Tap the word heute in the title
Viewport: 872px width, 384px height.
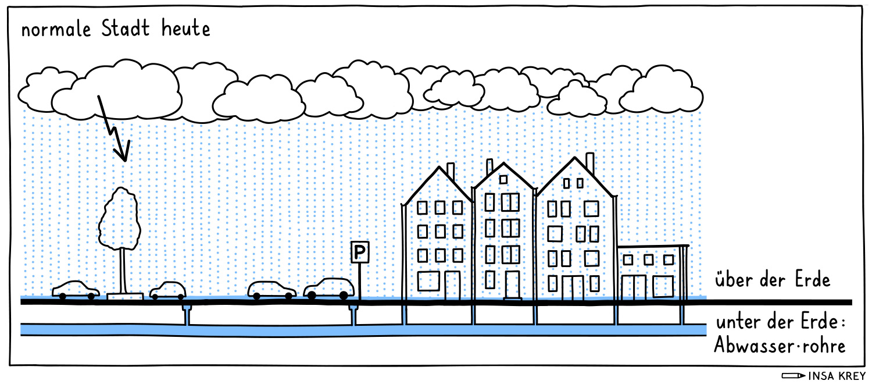(183, 29)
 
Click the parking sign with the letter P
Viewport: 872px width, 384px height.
(360, 253)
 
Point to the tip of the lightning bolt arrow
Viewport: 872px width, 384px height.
(123, 159)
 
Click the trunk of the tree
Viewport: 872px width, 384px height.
(123, 271)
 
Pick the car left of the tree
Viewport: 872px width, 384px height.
(76, 290)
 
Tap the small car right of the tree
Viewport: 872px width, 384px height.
(168, 290)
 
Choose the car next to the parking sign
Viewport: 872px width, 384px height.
(329, 288)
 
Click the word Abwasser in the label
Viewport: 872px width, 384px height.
(751, 346)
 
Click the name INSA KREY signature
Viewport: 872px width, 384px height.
(837, 375)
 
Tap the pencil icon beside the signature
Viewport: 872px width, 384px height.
(794, 375)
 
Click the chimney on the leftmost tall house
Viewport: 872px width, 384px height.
(451, 171)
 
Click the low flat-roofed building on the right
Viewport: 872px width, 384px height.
(651, 272)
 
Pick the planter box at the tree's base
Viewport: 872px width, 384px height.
(125, 297)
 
